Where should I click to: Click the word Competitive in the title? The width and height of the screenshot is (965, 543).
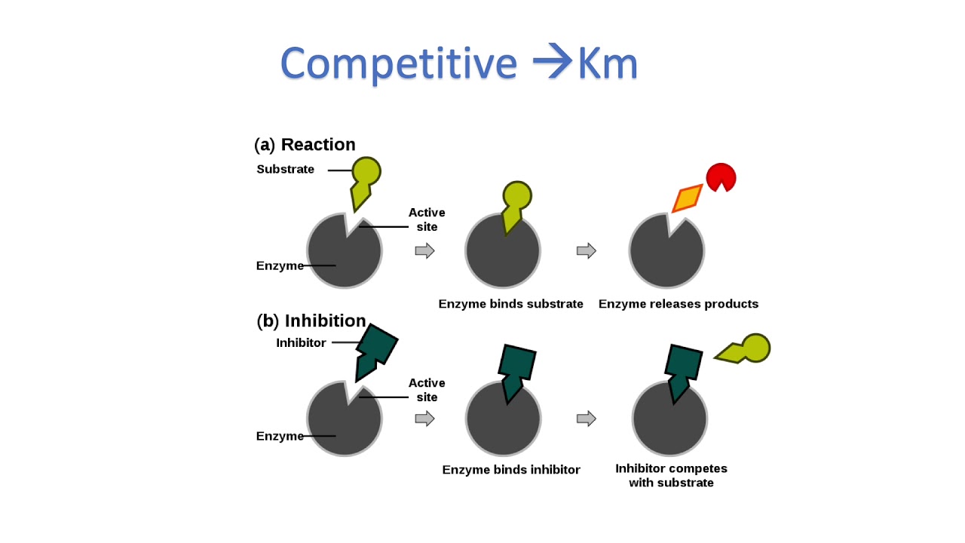tap(398, 64)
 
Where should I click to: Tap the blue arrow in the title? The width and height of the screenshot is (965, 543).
tap(553, 63)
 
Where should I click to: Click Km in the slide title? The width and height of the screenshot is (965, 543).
tap(608, 64)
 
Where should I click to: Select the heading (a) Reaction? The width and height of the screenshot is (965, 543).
tap(305, 144)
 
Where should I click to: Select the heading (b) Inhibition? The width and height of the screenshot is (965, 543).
tap(311, 321)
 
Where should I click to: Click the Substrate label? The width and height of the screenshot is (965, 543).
tap(285, 169)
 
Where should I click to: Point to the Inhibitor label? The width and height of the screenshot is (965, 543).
tap(301, 342)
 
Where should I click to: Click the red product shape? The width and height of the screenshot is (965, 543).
tap(720, 177)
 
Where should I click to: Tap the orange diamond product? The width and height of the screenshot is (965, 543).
tap(687, 199)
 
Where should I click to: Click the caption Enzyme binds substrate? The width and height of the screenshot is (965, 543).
tap(510, 304)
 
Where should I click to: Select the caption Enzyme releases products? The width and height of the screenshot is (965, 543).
tap(678, 304)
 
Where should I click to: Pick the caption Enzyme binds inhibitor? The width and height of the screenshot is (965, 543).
tap(510, 470)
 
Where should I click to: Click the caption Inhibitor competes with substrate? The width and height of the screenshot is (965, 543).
tap(671, 475)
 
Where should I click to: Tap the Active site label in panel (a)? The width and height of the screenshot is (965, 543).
tap(427, 219)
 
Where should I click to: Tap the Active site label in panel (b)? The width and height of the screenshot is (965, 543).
tap(427, 390)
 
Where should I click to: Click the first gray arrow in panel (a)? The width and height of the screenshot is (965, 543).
tap(425, 250)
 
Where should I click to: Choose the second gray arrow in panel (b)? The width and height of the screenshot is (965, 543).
tap(587, 419)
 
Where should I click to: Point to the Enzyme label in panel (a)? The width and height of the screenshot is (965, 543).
tap(280, 265)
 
